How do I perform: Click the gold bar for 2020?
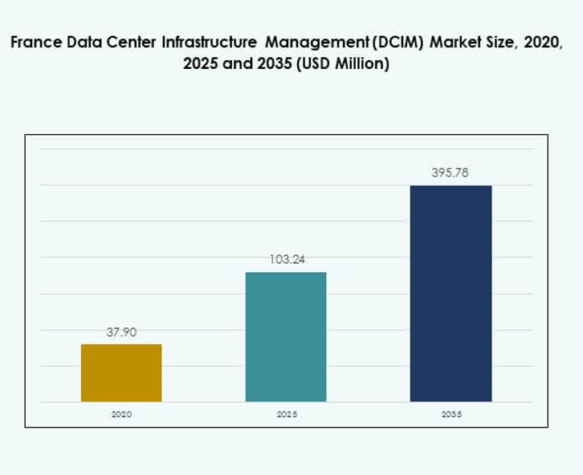[121, 373]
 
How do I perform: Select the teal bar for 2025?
[286, 337]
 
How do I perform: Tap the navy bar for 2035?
[450, 294]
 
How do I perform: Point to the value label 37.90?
[121, 332]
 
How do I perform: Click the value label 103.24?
[286, 260]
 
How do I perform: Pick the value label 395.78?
[450, 173]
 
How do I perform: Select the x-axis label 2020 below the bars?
[121, 415]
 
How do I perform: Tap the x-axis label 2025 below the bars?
[286, 415]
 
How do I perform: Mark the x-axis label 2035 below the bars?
[450, 415]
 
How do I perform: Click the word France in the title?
[35, 43]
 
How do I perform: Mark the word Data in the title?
[84, 43]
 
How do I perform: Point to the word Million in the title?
[362, 65]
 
